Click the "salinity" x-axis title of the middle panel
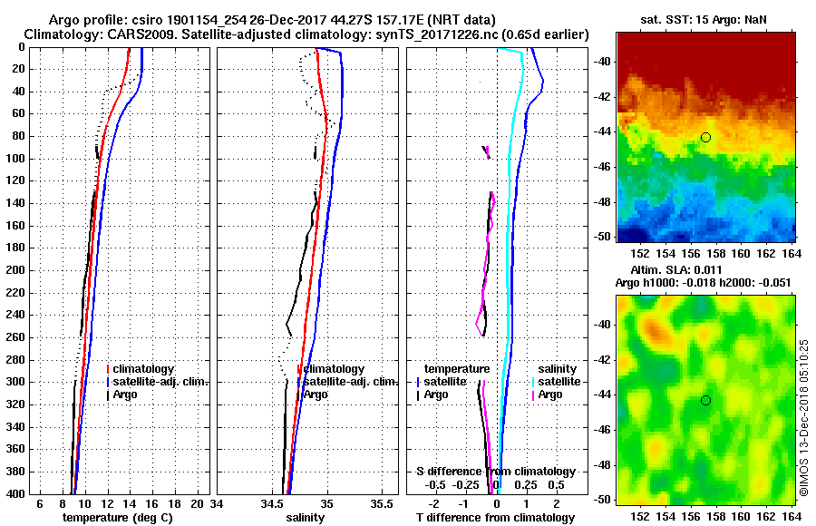(306, 517)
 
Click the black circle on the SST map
(705, 137)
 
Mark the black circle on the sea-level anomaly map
(705, 400)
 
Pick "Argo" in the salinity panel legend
(316, 394)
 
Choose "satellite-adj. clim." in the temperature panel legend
(161, 382)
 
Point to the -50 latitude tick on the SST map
(604, 236)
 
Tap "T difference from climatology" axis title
(496, 517)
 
